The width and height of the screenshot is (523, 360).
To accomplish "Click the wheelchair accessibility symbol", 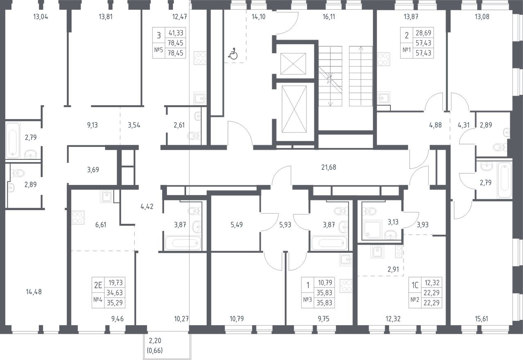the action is point(232,54).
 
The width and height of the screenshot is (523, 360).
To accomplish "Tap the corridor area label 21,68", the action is point(329,167).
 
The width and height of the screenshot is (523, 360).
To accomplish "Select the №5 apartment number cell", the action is point(158,50).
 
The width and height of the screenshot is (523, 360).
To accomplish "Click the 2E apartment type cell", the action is point(98,285).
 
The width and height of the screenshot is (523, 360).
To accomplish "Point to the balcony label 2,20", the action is point(155,341).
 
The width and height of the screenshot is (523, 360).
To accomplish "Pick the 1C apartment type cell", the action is point(415,285).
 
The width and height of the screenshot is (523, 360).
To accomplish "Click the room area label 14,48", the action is point(34,292).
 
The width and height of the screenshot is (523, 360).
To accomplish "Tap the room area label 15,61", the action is point(481,319).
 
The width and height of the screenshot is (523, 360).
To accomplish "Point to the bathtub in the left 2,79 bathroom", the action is point(13,140).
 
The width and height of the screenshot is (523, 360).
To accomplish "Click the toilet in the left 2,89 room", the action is point(18,173).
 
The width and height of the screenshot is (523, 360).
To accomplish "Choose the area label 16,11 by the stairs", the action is point(329,17).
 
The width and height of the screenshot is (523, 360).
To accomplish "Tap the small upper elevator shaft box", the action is point(293,64).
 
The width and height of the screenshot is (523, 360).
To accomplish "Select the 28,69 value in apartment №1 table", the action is point(423,33).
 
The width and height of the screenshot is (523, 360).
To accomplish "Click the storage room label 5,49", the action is point(237,225).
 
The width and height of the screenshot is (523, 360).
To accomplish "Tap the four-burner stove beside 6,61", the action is point(78,218).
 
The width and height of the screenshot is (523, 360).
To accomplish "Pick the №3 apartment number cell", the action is point(307,299).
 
